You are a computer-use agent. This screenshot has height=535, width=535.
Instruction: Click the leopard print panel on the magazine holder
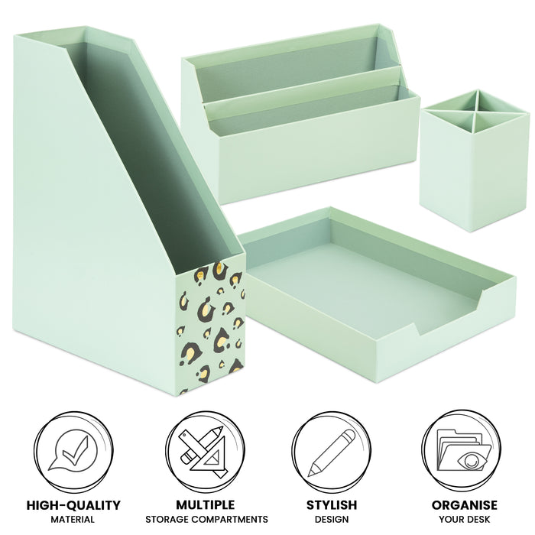tap(210, 328)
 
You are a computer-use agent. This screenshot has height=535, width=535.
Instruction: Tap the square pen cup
tap(475, 160)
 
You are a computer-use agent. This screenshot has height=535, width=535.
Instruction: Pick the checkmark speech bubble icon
tap(73, 451)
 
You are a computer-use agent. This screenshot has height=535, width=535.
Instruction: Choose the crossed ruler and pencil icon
tap(204, 451)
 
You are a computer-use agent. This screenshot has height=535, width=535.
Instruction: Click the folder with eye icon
tap(463, 450)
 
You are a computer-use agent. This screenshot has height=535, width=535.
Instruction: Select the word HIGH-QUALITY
tap(73, 505)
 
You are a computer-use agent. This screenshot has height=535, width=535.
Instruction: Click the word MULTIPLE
tap(206, 505)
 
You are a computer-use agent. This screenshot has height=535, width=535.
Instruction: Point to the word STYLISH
tap(331, 505)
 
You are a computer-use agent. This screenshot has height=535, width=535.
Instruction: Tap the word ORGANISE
tap(465, 505)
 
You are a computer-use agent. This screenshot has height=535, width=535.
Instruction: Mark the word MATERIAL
tap(73, 520)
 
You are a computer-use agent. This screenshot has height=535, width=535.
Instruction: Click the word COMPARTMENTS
tap(229, 520)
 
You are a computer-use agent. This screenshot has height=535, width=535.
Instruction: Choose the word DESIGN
tap(332, 520)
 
